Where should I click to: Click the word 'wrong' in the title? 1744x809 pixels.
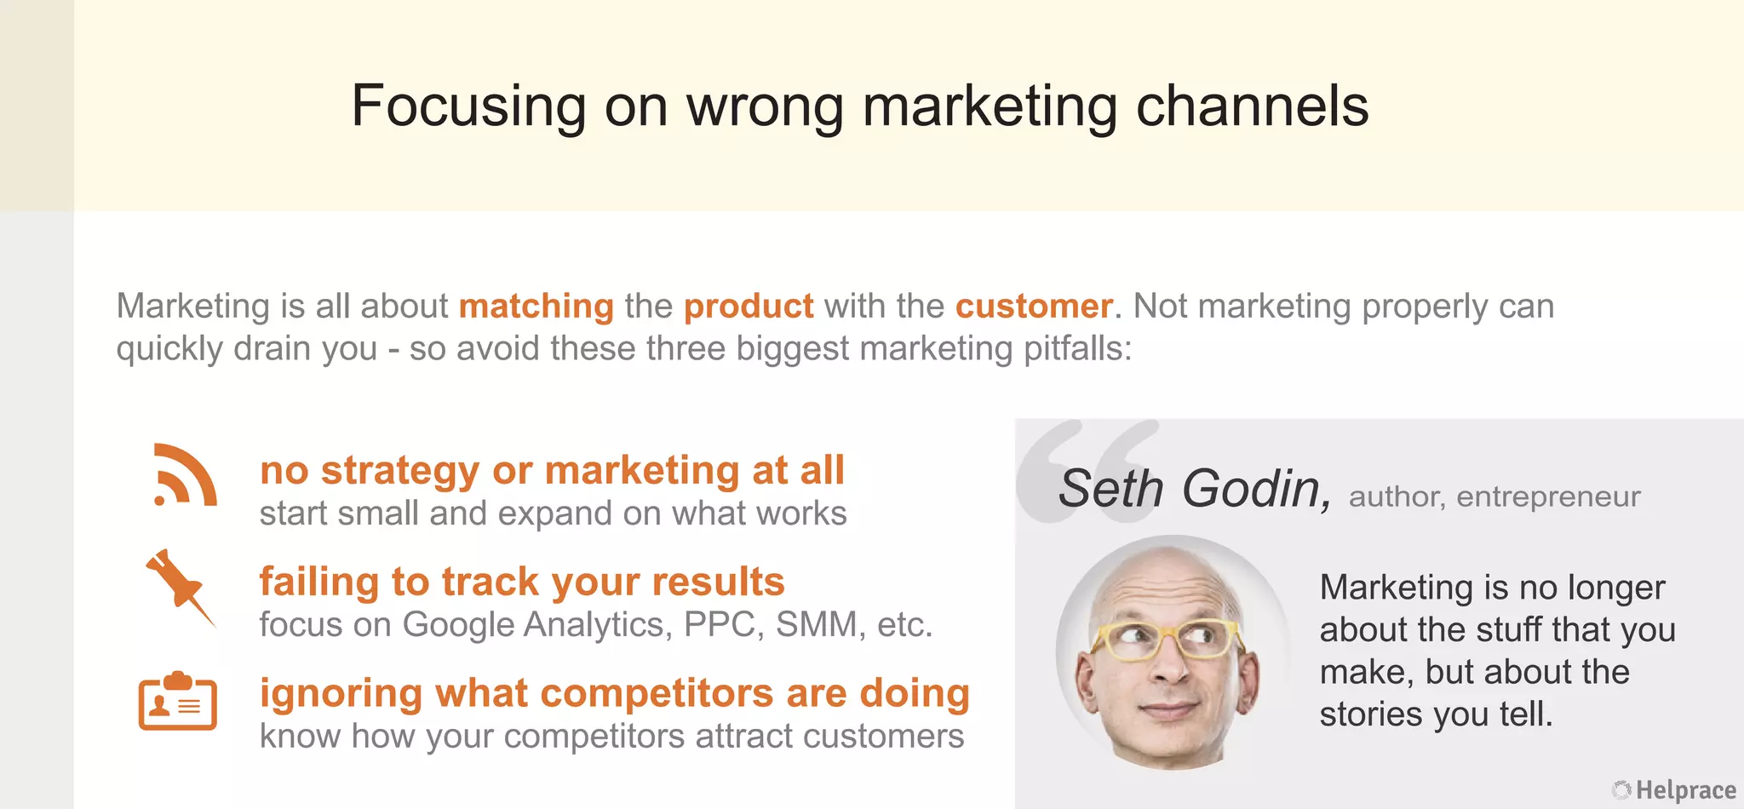pyautogui.click(x=765, y=106)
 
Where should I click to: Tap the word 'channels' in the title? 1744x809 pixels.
pyautogui.click(x=1252, y=106)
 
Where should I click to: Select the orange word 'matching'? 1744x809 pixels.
pyautogui.click(x=536, y=307)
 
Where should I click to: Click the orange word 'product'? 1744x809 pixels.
pyautogui.click(x=749, y=307)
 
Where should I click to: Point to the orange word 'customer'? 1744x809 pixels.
pyautogui.click(x=1033, y=307)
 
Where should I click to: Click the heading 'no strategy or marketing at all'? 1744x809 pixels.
pyautogui.click(x=552, y=470)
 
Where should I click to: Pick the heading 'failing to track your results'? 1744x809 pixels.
pyautogui.click(x=522, y=582)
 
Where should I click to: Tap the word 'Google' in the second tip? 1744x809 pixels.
pyautogui.click(x=458, y=625)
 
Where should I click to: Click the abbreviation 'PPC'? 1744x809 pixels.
pyautogui.click(x=720, y=625)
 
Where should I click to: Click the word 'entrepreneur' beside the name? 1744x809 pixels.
pyautogui.click(x=1548, y=496)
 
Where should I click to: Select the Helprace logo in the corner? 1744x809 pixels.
pyautogui.click(x=1674, y=790)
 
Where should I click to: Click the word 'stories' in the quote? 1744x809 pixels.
pyautogui.click(x=1372, y=714)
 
